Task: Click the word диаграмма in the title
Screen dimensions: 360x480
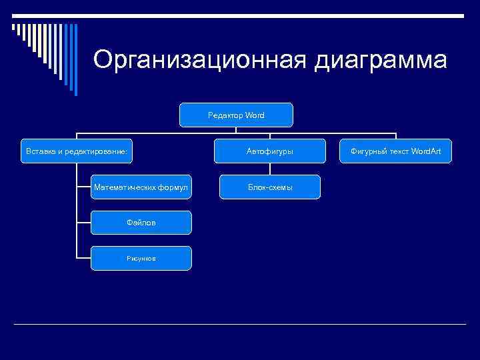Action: click(x=381, y=60)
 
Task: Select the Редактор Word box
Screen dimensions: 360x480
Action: click(x=236, y=115)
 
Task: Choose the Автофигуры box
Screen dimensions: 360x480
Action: click(x=269, y=151)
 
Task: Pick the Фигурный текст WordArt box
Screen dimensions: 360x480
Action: click(x=396, y=151)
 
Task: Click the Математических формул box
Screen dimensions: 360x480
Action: click(x=141, y=187)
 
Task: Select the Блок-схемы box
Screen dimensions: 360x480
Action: click(x=269, y=187)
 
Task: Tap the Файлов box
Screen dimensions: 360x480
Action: click(x=141, y=223)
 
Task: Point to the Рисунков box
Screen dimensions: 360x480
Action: click(x=141, y=258)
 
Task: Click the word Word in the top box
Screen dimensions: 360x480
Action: click(x=255, y=115)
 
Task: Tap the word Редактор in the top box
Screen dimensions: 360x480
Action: click(x=225, y=115)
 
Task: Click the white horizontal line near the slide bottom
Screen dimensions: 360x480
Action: click(x=240, y=324)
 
